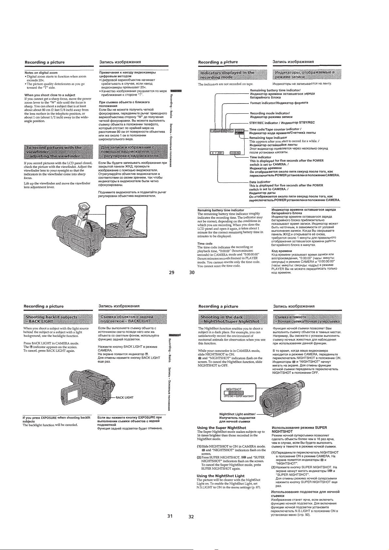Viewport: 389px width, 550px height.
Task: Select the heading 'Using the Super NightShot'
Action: pyautogui.click(x=221, y=427)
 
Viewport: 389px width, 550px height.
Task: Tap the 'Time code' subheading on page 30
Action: pyautogui.click(x=205, y=244)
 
